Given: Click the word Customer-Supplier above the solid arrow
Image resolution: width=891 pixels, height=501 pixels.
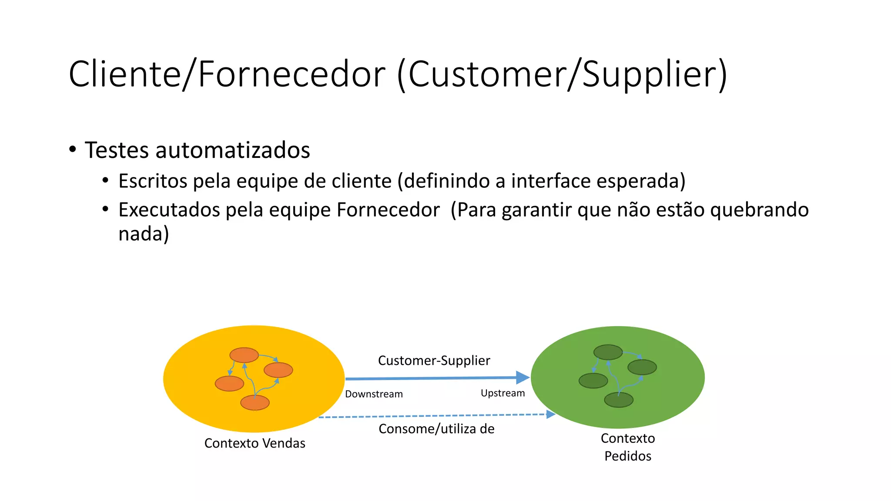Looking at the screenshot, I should (x=434, y=361).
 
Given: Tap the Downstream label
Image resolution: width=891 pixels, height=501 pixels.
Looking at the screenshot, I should (x=374, y=394).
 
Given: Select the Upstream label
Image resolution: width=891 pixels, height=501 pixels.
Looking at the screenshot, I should (x=502, y=393).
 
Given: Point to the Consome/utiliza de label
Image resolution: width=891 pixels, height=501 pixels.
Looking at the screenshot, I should (x=436, y=429).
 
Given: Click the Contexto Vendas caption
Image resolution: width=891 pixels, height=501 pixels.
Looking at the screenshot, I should (x=255, y=443).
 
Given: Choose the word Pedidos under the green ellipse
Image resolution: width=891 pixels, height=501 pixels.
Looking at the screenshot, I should (x=628, y=456).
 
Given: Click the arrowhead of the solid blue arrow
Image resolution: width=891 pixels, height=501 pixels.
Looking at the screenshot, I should (x=522, y=377).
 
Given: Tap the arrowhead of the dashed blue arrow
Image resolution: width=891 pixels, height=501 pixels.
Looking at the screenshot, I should (x=551, y=414).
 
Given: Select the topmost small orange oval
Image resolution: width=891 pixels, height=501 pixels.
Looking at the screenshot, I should (x=244, y=355).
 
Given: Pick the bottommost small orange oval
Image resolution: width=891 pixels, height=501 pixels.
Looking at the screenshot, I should (x=255, y=403).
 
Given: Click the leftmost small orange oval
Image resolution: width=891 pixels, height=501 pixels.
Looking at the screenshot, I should (x=229, y=384).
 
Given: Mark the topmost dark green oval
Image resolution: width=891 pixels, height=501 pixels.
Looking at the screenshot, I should (x=608, y=352).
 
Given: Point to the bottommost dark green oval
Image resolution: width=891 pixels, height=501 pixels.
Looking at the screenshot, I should (x=619, y=400).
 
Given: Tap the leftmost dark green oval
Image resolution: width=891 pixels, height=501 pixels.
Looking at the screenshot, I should (x=593, y=381).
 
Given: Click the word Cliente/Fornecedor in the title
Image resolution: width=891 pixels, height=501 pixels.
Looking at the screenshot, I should (x=227, y=74).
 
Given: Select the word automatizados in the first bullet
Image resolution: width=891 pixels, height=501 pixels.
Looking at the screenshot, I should (x=233, y=150).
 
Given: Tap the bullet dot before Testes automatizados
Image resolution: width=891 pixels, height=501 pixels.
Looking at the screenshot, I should (x=73, y=149).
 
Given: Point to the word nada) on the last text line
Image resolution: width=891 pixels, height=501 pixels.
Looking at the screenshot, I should (x=144, y=234).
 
